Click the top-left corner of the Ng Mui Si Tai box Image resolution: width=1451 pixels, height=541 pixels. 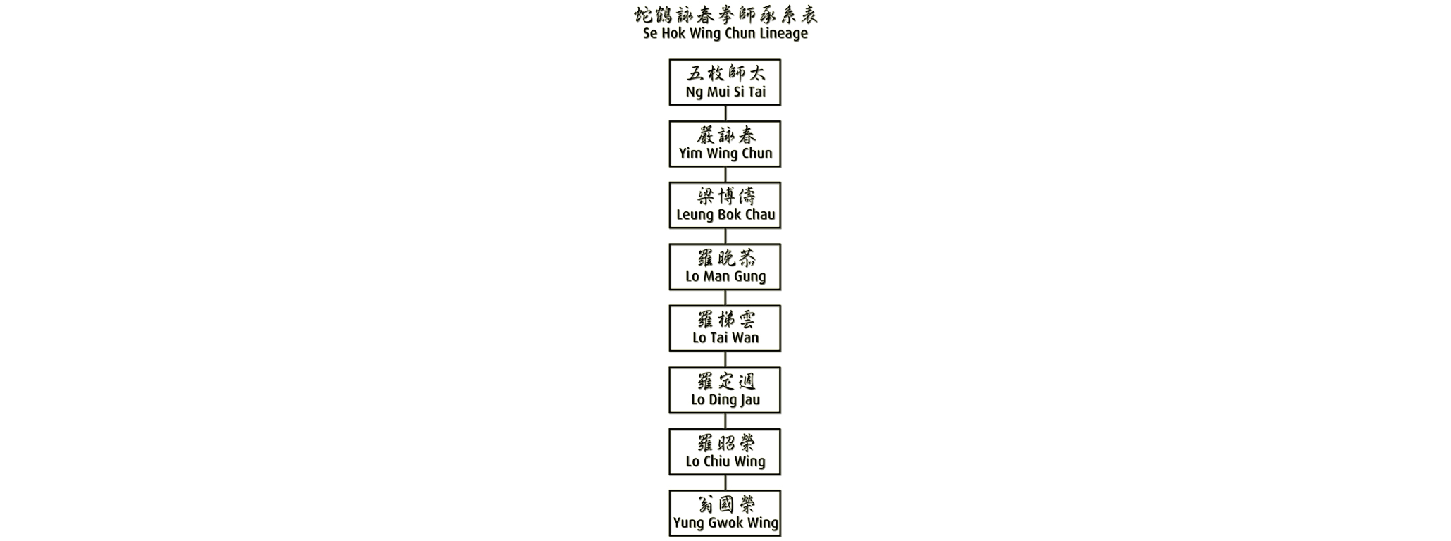(670, 60)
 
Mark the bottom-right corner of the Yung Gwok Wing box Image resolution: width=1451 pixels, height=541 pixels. (780, 535)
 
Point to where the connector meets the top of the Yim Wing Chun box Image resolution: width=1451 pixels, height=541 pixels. (725, 121)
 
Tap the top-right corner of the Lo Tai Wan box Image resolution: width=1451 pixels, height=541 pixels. (780, 306)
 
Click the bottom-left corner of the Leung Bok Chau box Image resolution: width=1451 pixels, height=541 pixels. (670, 228)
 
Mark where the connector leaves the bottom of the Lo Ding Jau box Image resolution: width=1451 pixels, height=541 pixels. (725, 413)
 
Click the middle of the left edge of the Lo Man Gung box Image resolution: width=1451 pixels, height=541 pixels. (670, 267)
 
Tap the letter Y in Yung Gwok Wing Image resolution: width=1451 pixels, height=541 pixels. (677, 523)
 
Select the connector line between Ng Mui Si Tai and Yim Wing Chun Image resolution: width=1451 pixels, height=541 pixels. (725, 113)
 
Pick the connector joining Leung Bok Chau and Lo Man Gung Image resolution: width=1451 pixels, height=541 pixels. (725, 236)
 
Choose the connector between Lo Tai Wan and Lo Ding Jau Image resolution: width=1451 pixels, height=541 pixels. (725, 359)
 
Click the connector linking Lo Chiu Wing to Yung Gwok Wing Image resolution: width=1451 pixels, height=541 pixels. (725, 483)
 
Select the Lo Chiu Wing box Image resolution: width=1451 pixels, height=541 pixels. (725, 452)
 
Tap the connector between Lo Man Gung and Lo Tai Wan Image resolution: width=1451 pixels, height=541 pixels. (725, 298)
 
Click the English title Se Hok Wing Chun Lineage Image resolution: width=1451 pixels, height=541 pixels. (725, 33)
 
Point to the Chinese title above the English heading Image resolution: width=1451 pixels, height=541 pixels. (725, 15)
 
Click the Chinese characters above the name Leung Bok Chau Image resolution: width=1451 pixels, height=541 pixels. (726, 197)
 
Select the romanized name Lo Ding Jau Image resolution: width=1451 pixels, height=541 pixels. (725, 400)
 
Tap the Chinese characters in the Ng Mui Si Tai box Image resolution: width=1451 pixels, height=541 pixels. (726, 73)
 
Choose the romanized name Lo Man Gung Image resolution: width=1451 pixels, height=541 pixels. (725, 277)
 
